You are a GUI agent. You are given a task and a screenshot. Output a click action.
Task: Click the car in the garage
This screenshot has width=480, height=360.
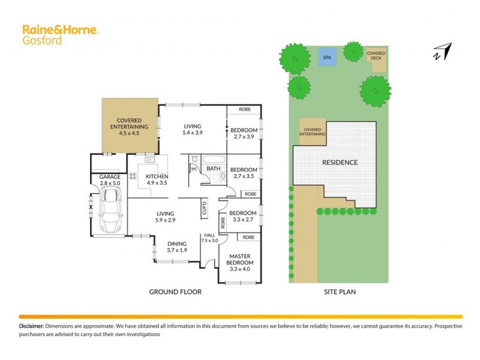click(x=110, y=211)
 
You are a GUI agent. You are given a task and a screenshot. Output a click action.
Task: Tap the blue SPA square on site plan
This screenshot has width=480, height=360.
click(x=327, y=58)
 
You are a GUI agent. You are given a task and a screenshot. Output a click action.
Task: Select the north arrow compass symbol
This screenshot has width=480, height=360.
click(x=441, y=52)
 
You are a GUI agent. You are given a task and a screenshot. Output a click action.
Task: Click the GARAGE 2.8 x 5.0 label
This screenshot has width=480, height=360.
click(x=110, y=181)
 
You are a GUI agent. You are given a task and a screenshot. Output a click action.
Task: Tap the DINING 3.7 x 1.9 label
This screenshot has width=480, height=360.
click(x=177, y=247)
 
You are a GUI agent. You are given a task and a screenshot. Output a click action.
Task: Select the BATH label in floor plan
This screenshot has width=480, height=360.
click(x=213, y=169)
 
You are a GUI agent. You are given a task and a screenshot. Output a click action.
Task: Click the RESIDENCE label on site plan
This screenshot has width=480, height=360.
click(x=340, y=163)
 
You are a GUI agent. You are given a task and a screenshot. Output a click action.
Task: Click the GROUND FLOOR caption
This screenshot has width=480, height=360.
click(x=175, y=292)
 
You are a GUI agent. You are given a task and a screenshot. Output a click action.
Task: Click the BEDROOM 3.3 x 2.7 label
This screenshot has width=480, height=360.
click(x=243, y=216)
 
